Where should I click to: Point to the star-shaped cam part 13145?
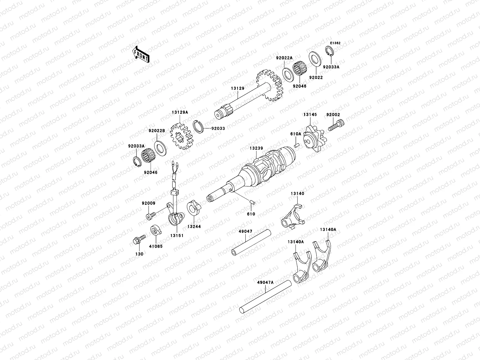(x=314, y=139)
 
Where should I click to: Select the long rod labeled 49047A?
(x=265, y=295)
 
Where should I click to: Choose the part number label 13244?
(x=194, y=226)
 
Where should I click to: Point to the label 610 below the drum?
(x=251, y=214)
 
